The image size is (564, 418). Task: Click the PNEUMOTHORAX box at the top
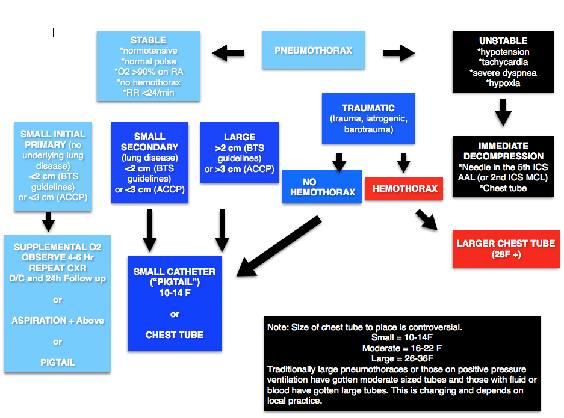click(x=313, y=51)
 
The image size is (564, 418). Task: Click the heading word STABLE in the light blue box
click(x=148, y=40)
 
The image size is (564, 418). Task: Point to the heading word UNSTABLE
click(x=503, y=41)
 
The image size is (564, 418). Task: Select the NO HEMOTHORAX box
click(x=322, y=186)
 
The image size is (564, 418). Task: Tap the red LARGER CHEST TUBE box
click(x=506, y=248)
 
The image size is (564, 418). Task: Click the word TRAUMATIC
click(x=368, y=108)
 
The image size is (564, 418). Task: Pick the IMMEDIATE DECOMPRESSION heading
click(x=503, y=151)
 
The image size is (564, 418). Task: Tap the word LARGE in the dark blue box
click(x=240, y=137)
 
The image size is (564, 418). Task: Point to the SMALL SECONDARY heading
click(x=149, y=142)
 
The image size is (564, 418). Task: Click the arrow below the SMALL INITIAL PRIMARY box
click(x=49, y=222)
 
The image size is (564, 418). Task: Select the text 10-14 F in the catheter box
click(x=175, y=293)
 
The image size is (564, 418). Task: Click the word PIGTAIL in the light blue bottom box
click(x=57, y=363)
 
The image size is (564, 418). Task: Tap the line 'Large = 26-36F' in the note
click(x=402, y=358)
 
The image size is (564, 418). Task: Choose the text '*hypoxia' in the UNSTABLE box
click(x=503, y=84)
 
